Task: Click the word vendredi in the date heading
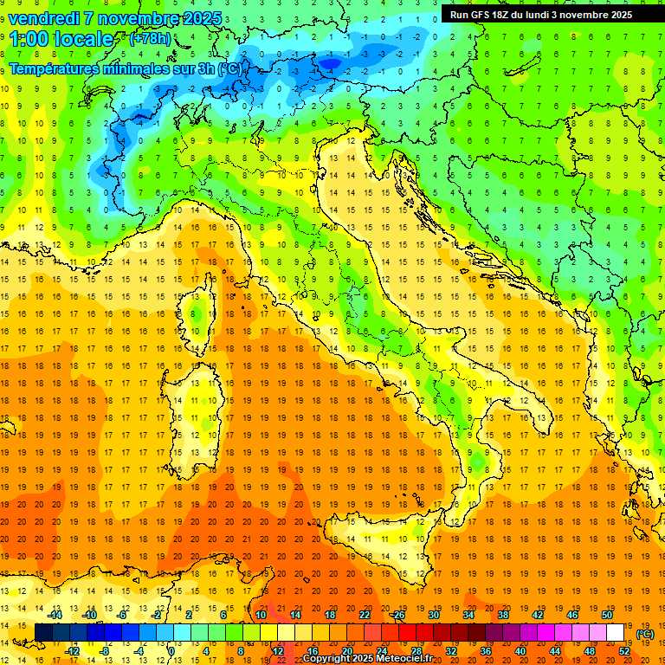click(43, 18)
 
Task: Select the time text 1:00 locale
click(61, 39)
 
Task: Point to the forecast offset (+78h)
click(149, 40)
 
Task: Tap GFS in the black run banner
click(482, 15)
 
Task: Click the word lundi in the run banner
click(538, 15)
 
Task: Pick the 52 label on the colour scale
click(624, 650)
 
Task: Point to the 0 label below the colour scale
click(171, 650)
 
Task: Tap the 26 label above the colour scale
click(398, 615)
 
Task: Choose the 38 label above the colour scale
click(502, 615)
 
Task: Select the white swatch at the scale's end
click(615, 632)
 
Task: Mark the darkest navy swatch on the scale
click(43, 632)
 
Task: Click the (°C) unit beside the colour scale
click(644, 634)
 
